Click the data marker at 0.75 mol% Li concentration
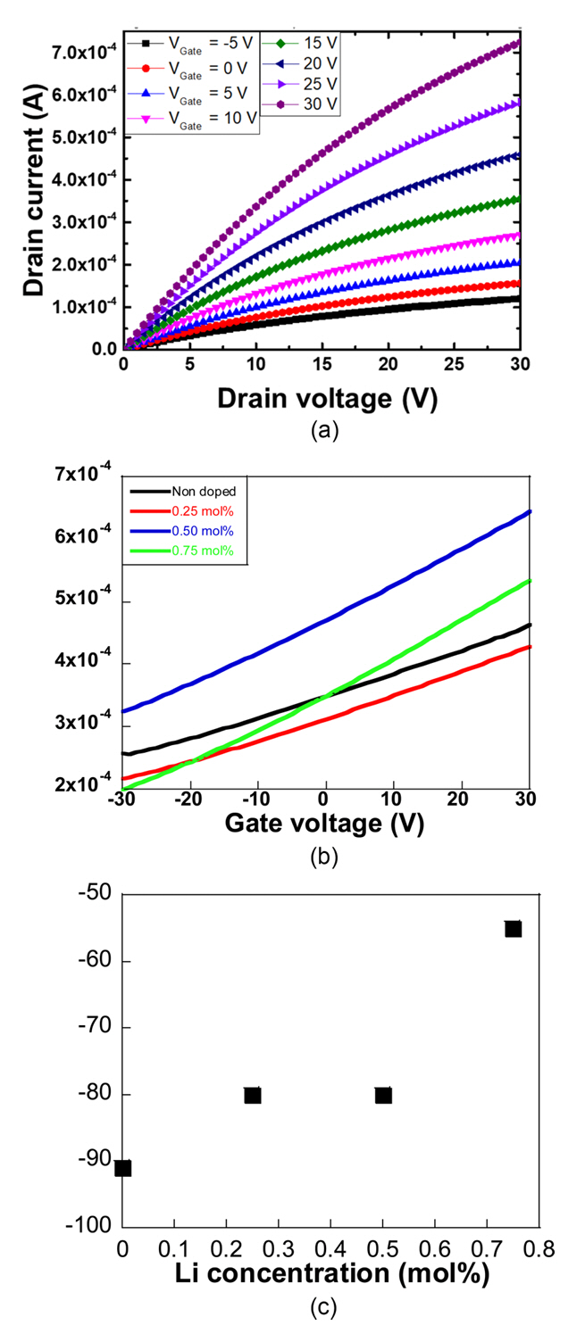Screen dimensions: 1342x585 tap(513, 929)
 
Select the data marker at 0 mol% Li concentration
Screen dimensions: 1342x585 tap(123, 1168)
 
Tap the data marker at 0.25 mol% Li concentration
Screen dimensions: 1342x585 tap(253, 1095)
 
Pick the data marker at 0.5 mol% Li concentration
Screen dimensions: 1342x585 tap(383, 1095)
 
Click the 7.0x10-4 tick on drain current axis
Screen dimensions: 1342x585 tap(86, 53)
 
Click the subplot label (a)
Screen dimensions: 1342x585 tap(324, 431)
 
